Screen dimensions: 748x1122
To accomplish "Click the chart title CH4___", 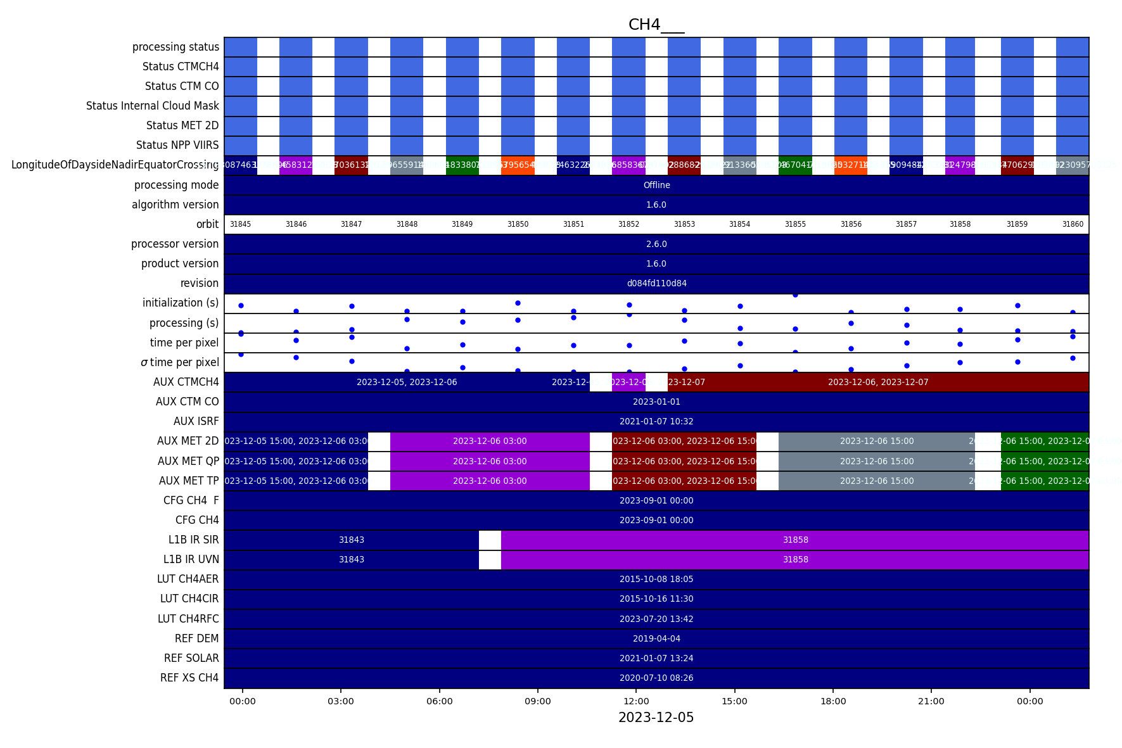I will [x=656, y=25].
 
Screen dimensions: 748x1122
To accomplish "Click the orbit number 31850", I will [x=518, y=224].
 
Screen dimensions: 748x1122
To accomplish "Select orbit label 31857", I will [x=906, y=224].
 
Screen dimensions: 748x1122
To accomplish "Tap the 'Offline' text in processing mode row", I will [x=656, y=185].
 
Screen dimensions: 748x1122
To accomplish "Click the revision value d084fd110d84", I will [x=656, y=283].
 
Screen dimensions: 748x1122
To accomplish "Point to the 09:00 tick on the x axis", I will [x=538, y=701].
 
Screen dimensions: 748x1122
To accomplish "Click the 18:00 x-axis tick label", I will [x=833, y=701].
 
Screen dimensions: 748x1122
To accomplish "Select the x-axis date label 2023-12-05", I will [x=656, y=718].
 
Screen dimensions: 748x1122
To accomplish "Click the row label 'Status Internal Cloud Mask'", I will [x=153, y=106].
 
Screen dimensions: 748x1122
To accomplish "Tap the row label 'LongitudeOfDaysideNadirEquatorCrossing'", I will [x=115, y=165].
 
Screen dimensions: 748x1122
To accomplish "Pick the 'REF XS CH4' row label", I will [x=189, y=678].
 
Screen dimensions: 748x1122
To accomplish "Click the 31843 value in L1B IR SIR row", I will [x=352, y=540].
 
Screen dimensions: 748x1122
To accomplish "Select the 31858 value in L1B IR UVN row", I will [x=795, y=559].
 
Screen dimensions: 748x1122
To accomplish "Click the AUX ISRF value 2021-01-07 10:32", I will [x=656, y=421].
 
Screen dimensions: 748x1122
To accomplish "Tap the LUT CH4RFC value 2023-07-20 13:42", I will [x=656, y=619].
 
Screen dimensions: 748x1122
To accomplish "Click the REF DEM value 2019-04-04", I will [x=656, y=638].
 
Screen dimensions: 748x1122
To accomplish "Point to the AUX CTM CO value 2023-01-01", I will [x=656, y=402].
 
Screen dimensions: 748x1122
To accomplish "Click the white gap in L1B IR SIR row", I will [x=490, y=540].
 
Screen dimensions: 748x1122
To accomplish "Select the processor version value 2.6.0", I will [x=656, y=244].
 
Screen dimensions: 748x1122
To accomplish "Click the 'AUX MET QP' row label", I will [x=188, y=461].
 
